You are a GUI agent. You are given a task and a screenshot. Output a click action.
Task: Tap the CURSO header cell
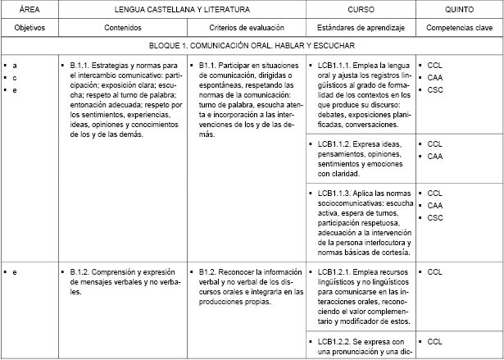[361, 9]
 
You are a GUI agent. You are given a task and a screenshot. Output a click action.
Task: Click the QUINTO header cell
[458, 9]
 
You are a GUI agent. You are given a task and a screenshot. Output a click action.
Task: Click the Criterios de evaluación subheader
[246, 26]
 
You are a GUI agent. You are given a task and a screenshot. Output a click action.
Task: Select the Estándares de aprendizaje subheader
[361, 26]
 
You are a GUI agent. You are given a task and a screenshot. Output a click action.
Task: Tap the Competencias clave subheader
[459, 26]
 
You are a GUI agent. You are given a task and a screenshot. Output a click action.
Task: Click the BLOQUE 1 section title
[252, 47]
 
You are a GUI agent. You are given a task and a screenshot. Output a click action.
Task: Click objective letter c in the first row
[15, 77]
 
